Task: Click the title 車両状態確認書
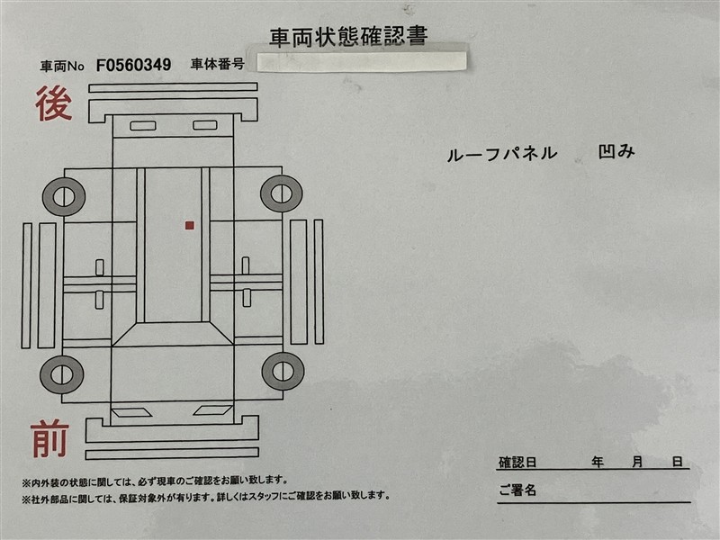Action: [348, 37]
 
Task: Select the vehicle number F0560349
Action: [133, 65]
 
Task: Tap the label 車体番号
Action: [217, 64]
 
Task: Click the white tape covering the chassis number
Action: [362, 61]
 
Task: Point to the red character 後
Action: [54, 103]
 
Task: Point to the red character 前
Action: [50, 439]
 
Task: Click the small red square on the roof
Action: [190, 226]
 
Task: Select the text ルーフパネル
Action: [502, 154]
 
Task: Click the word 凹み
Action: [616, 152]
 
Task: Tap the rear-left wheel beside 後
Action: [64, 197]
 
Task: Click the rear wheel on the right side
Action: [282, 193]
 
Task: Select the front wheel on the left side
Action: [62, 374]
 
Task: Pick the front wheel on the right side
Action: [283, 371]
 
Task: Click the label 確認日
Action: [517, 463]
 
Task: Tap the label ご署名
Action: [517, 490]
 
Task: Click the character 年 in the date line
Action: [598, 462]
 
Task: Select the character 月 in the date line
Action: [637, 462]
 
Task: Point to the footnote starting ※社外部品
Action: [206, 497]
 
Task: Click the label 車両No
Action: [62, 67]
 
